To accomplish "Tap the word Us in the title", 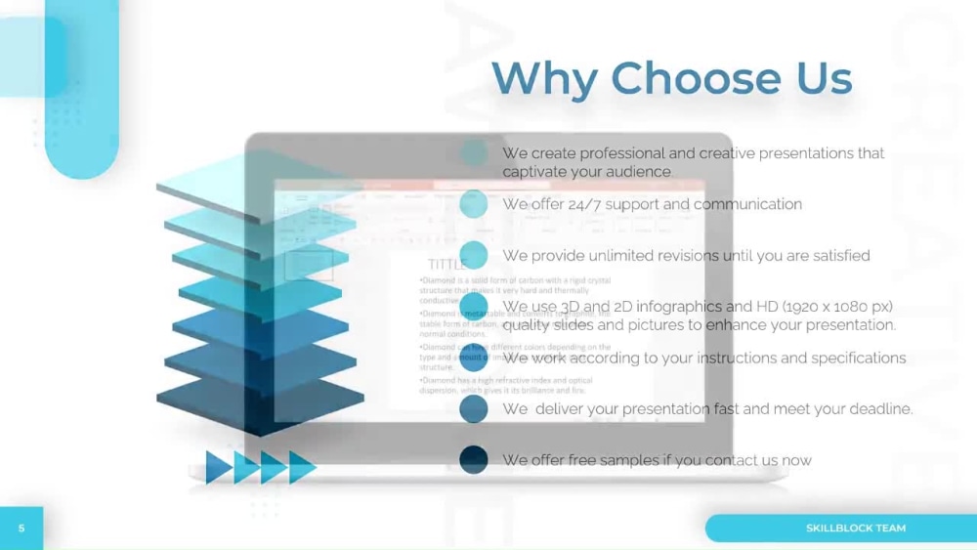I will (x=824, y=78).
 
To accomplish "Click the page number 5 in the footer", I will (x=21, y=529).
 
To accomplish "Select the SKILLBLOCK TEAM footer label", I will (x=855, y=529).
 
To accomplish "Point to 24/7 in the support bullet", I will (x=583, y=204).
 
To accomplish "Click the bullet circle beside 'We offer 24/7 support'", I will (x=474, y=204).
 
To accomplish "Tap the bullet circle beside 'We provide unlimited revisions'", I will (x=474, y=255).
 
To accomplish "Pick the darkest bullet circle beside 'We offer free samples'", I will (x=474, y=459).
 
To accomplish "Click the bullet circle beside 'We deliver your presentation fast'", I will (x=474, y=408).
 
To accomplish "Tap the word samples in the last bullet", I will (x=629, y=460).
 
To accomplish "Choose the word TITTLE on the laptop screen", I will (x=446, y=265).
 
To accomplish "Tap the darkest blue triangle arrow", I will (x=218, y=467).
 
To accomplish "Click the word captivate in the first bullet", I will (x=535, y=172).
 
